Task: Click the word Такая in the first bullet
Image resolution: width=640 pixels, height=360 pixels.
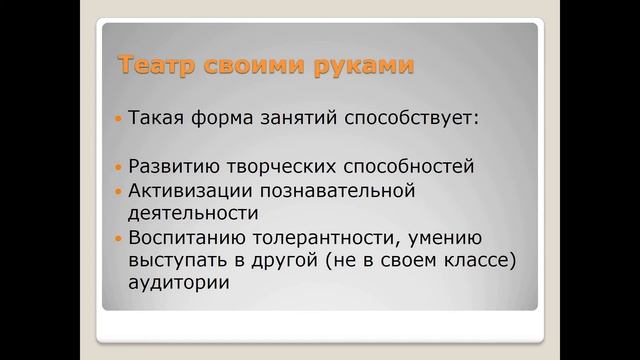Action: coord(159,119)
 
